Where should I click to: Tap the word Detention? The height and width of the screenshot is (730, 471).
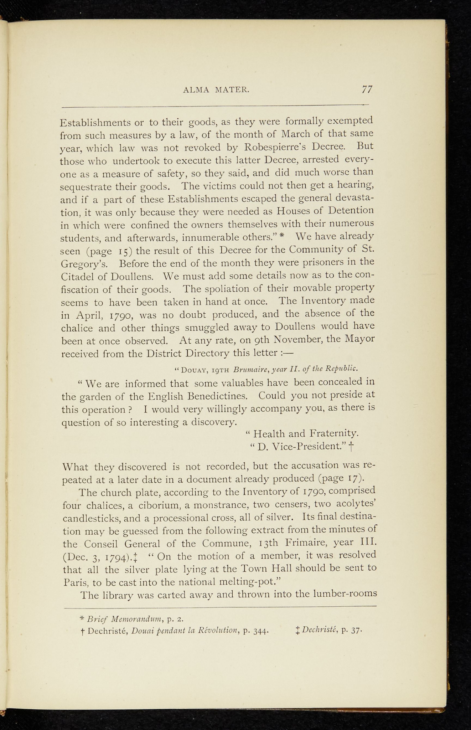click(351, 210)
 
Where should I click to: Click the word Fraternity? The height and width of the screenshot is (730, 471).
click(334, 433)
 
